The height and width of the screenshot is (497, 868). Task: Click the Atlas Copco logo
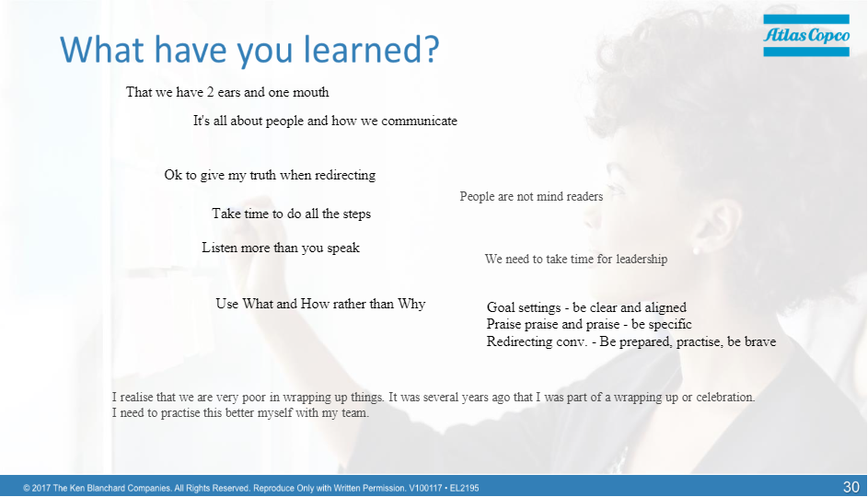tap(806, 35)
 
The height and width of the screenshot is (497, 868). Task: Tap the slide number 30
tap(851, 487)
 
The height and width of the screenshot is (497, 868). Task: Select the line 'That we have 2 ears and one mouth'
tap(227, 92)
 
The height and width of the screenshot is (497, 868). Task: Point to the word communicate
tap(419, 121)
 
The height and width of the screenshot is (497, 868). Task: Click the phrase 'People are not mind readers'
tap(531, 196)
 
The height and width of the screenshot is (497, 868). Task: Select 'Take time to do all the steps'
tap(291, 214)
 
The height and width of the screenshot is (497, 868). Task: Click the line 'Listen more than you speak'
tap(281, 248)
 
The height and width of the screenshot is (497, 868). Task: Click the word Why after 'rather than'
tap(411, 304)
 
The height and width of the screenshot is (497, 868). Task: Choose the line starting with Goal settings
tap(586, 307)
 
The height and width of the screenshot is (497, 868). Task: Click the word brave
tap(760, 341)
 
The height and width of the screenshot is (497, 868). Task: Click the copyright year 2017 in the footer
tap(41, 488)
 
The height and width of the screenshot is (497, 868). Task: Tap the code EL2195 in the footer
tap(465, 488)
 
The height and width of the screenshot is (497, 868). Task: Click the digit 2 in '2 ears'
tap(211, 92)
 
